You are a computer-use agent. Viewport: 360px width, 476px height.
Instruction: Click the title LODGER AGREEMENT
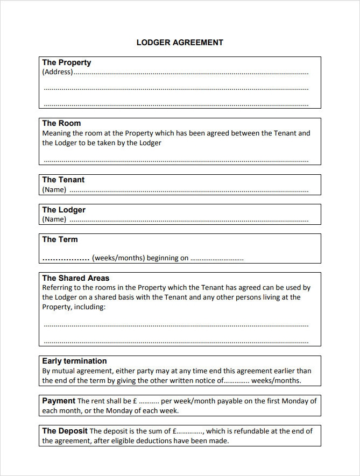180,42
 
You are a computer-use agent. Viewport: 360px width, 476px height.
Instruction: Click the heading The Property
67,62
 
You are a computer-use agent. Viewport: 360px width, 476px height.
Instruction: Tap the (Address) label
57,72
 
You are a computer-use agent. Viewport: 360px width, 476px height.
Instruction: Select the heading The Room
61,123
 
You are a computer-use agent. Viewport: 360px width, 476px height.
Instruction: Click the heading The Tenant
63,180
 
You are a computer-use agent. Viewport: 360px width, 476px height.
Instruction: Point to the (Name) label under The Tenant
54,189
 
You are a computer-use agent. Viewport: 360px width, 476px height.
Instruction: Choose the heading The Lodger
64,210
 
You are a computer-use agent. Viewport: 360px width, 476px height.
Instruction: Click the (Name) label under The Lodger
54,219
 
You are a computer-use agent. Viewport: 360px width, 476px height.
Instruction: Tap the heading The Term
60,239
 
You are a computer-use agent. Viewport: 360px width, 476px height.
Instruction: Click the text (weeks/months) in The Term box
118,258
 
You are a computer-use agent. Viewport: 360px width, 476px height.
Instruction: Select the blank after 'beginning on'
217,259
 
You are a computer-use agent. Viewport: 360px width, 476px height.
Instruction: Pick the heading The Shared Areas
76,278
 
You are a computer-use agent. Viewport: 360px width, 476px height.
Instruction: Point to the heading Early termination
75,361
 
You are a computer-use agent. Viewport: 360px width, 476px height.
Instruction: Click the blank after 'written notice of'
236,381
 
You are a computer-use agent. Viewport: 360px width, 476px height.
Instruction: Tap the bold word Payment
59,401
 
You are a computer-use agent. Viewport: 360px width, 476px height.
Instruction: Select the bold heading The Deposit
65,431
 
